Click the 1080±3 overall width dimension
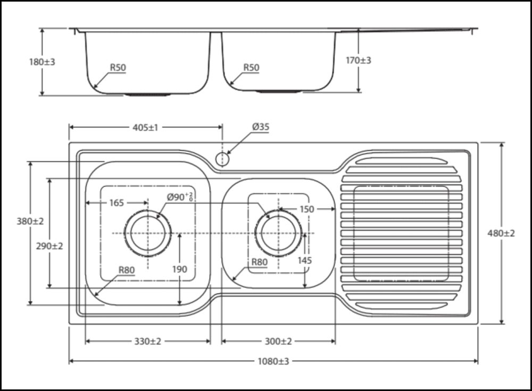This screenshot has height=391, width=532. (273, 362)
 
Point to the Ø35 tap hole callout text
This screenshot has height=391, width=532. (261, 127)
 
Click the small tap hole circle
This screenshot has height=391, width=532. (222, 158)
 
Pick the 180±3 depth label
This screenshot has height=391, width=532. (41, 62)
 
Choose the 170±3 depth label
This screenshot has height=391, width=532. (359, 61)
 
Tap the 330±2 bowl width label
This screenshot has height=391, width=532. (147, 341)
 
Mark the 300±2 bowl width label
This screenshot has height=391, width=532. (278, 341)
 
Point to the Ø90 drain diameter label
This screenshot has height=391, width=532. (179, 197)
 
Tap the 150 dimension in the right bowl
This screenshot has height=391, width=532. (306, 209)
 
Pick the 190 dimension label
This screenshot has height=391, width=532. (180, 269)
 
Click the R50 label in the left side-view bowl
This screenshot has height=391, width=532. (118, 67)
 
